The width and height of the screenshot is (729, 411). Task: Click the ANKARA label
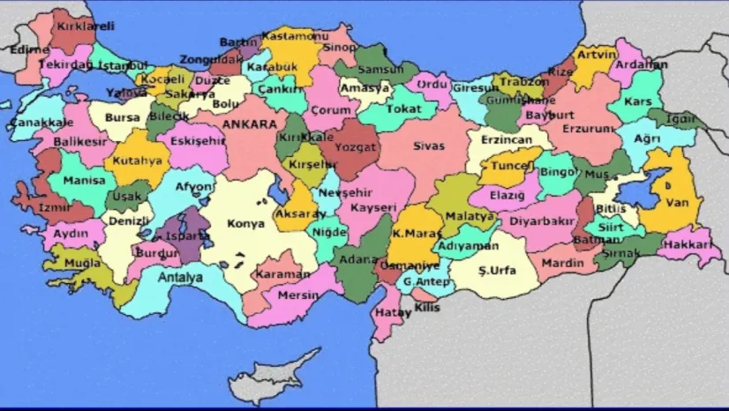point(250,124)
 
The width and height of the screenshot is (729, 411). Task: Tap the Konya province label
point(245,224)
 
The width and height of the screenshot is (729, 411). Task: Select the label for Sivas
point(429,146)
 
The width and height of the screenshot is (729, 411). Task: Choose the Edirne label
point(30,50)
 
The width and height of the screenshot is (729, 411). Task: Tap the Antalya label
point(180,277)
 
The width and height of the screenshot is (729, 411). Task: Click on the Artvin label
point(596,54)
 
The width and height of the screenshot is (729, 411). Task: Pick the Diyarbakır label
point(542,221)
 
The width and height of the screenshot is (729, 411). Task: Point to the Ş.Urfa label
point(497,270)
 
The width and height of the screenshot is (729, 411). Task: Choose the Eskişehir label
point(198,140)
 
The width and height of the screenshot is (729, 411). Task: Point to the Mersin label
point(298,295)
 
